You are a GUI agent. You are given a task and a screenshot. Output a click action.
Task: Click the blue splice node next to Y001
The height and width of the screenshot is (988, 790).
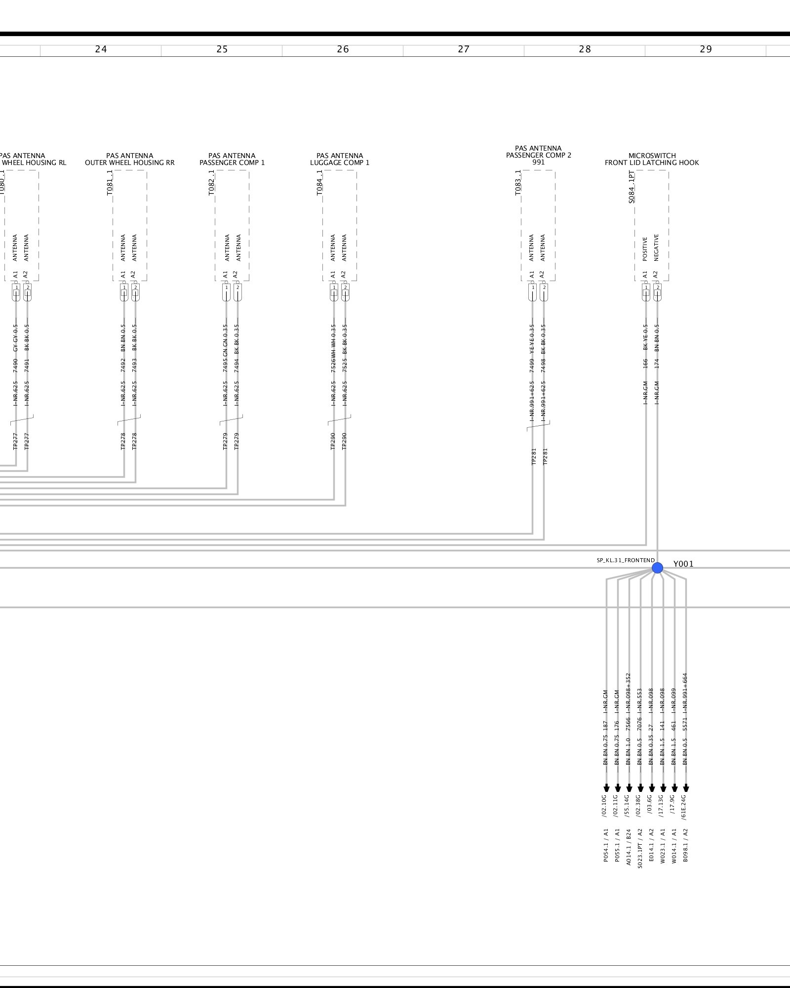(x=657, y=568)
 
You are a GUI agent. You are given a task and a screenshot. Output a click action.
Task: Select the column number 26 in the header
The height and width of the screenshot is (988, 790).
(x=343, y=49)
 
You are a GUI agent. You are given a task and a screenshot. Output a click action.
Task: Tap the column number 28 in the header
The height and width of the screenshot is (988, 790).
(x=585, y=49)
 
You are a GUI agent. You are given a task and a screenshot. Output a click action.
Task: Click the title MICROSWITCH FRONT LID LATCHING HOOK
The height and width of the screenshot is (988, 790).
(x=652, y=159)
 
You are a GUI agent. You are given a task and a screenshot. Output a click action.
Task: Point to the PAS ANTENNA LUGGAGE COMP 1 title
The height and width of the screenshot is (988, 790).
(x=340, y=159)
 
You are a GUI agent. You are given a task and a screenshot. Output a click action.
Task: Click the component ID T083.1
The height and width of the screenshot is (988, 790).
(x=518, y=183)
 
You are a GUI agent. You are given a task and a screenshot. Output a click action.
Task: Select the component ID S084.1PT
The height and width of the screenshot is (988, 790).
(x=632, y=187)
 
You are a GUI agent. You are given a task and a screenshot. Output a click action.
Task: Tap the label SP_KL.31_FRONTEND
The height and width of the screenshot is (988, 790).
(x=626, y=561)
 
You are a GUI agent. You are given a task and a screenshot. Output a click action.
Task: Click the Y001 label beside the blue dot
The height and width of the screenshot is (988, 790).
(x=683, y=564)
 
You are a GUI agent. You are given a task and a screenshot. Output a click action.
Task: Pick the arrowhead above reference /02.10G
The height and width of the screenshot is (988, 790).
(x=606, y=788)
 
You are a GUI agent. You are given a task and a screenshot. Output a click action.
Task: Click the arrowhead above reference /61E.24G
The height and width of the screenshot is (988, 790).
(x=686, y=788)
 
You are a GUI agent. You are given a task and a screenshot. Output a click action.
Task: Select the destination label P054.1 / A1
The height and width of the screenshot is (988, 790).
(x=606, y=846)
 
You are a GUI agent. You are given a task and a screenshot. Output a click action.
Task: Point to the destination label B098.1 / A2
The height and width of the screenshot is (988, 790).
(x=685, y=846)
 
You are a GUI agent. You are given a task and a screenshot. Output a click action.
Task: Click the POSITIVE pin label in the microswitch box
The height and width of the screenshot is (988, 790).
(x=645, y=249)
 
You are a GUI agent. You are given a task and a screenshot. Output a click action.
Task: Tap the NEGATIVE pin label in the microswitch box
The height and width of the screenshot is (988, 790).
(x=657, y=247)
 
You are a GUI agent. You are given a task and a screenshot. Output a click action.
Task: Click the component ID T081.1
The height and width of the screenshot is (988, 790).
(x=110, y=183)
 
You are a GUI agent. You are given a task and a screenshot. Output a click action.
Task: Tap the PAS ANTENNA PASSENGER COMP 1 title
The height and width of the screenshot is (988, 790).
(x=232, y=159)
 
